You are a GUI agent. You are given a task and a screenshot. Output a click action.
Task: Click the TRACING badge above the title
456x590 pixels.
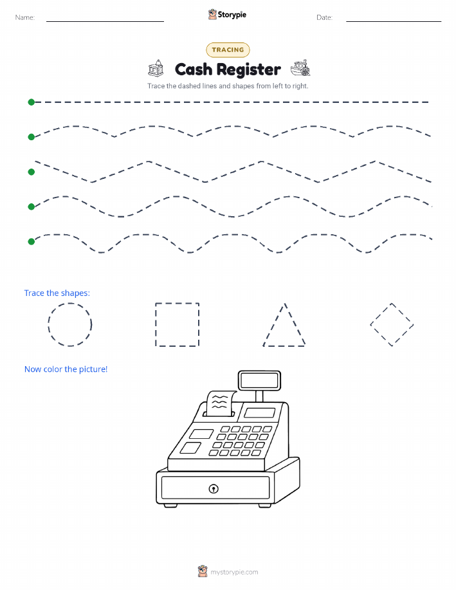coord(228,50)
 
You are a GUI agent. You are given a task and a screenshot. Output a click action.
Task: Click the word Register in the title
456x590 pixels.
coord(249,70)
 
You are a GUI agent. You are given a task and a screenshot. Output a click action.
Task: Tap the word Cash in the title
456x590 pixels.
coord(194,69)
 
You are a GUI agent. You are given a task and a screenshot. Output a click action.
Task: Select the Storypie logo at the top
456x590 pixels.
coord(227,15)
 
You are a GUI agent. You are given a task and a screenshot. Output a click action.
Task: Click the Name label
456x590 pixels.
coord(25,17)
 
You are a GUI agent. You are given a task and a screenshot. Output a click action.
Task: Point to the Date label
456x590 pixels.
coord(324,17)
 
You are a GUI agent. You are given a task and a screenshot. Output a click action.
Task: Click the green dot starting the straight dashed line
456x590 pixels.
coord(32,102)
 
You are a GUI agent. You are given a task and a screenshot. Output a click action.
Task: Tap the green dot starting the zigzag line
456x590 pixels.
coord(32,172)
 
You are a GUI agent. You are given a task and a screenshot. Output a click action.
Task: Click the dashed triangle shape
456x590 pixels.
coord(274,324)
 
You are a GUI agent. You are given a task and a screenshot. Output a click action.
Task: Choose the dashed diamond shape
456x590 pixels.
coord(380,313)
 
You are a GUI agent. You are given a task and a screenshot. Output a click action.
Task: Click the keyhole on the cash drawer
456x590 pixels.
coord(214,489)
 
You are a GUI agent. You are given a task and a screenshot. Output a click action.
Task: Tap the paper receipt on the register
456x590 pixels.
coord(221,403)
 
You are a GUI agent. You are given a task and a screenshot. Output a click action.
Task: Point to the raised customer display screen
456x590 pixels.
coord(259,380)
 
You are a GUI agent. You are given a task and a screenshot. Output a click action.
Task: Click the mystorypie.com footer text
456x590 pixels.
coord(234,573)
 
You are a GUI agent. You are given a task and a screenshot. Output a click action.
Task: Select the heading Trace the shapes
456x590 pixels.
coord(57,293)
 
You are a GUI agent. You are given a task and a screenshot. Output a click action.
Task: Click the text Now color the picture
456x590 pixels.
coord(66,369)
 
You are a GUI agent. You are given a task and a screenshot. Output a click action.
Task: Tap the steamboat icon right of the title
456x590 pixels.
coord(300,68)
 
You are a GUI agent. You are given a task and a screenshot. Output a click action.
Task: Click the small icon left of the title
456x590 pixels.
coord(156,68)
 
